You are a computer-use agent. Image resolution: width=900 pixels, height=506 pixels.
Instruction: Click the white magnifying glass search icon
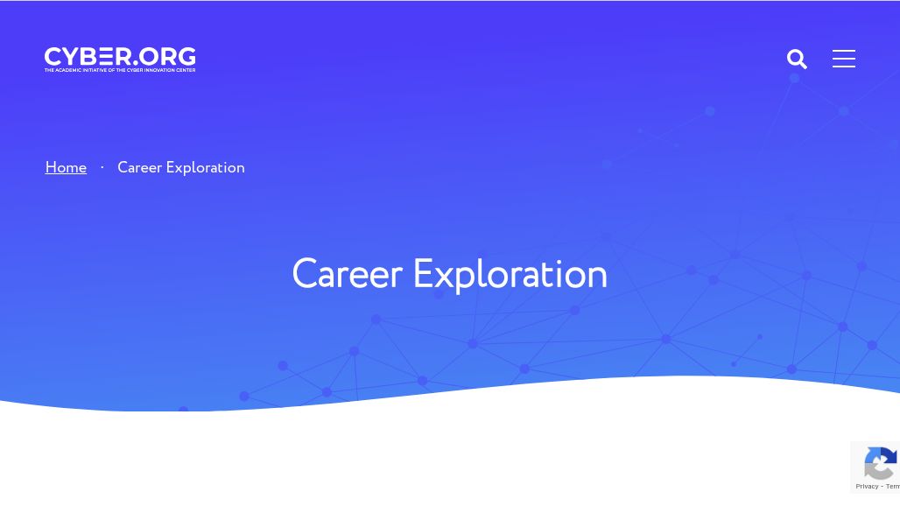tap(797, 59)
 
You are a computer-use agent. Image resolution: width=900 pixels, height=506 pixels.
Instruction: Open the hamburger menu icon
tap(844, 59)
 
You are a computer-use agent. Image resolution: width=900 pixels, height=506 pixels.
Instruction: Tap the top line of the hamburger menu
tap(844, 51)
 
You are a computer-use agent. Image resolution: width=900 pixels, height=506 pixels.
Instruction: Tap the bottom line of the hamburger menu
tap(844, 67)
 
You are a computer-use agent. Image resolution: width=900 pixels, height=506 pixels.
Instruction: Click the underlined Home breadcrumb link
tap(66, 167)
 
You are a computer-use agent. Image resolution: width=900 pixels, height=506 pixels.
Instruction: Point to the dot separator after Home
tap(102, 167)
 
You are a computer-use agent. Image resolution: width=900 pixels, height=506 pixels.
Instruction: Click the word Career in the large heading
tap(347, 275)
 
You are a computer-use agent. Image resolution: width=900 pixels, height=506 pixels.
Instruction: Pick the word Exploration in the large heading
tap(510, 275)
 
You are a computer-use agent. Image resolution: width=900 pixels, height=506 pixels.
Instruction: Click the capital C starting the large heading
tap(304, 275)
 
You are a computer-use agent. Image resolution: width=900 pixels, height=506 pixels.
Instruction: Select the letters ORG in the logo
tap(168, 57)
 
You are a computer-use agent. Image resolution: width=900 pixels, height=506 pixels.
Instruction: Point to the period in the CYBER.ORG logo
tap(137, 64)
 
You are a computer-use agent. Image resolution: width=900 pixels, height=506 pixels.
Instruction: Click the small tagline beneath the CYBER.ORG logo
tap(120, 70)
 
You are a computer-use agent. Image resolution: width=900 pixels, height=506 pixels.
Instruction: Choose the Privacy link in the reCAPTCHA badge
tap(867, 486)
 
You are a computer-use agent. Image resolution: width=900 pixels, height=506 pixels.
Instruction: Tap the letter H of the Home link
tap(51, 167)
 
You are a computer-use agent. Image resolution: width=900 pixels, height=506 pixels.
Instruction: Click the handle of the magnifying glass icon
tap(803, 65)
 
